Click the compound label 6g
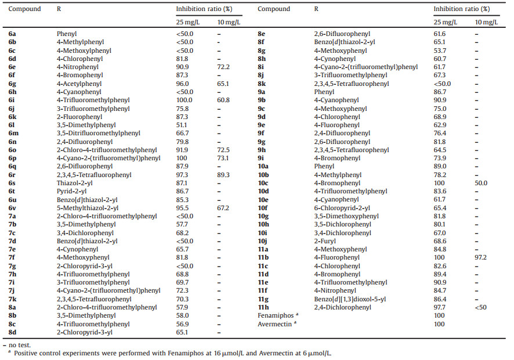12,84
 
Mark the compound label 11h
263,307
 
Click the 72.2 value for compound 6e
224,67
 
